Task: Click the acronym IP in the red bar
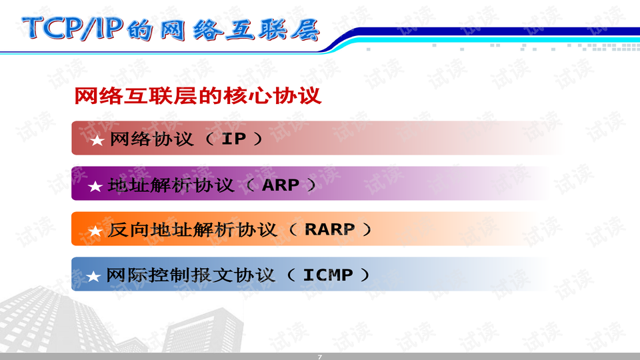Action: [x=233, y=139]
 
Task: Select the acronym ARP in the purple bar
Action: [x=281, y=185]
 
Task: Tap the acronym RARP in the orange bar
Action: [x=329, y=230]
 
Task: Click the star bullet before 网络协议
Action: [x=97, y=140]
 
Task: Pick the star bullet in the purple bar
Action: [x=95, y=186]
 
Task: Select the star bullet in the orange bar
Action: [x=95, y=231]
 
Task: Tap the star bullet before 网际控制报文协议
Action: [x=95, y=275]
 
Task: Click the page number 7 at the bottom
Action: [x=319, y=357]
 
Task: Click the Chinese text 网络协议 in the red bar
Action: [x=151, y=139]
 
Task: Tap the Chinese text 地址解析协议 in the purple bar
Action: [x=171, y=185]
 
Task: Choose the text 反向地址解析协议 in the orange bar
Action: [x=192, y=230]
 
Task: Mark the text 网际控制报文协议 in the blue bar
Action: [x=191, y=275]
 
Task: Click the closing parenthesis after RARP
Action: [x=365, y=230]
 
